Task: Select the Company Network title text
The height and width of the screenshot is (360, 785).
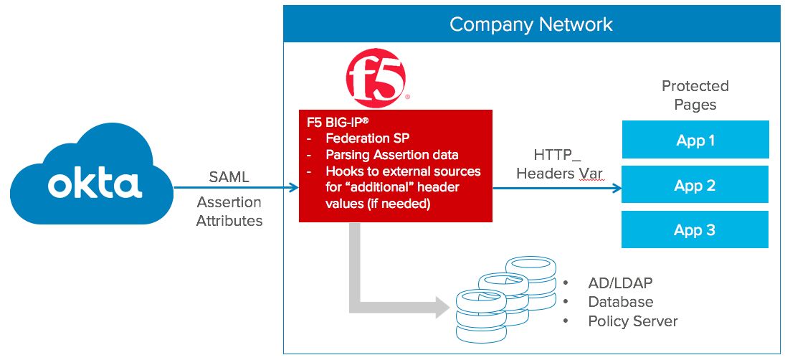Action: (x=531, y=24)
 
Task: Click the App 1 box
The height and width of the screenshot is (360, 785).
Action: (x=695, y=140)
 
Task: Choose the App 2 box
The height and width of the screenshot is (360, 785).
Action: (x=695, y=185)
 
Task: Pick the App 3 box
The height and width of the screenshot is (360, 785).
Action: (x=695, y=229)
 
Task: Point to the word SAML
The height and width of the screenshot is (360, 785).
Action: (x=229, y=176)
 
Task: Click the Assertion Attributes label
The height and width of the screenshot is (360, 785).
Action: (x=229, y=212)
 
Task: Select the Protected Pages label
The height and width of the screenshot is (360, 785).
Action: (x=695, y=95)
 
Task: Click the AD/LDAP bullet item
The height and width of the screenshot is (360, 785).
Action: (x=620, y=283)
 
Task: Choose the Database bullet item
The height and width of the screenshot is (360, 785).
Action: (x=620, y=302)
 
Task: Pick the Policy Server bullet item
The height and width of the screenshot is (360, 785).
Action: (x=632, y=321)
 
